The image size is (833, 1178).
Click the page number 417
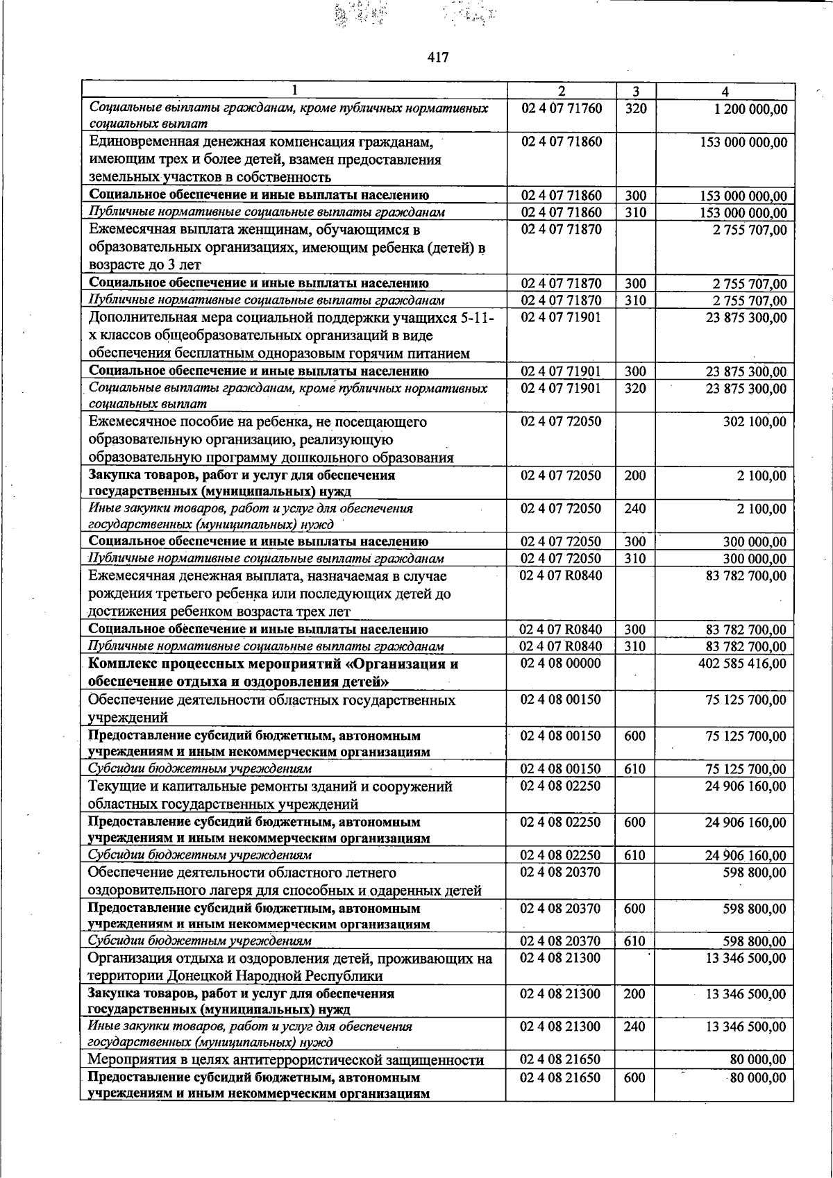tap(438, 57)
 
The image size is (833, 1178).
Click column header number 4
tap(725, 91)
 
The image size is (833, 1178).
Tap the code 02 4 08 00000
tap(560, 664)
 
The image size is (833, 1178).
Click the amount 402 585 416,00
tap(742, 664)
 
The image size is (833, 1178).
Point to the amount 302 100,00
tap(755, 422)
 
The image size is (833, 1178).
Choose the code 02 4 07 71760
tap(560, 109)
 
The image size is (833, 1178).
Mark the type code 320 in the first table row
tap(634, 109)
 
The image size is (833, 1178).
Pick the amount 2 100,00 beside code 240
tap(762, 510)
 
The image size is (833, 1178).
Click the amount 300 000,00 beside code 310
tap(755, 559)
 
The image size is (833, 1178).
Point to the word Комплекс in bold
tap(118, 664)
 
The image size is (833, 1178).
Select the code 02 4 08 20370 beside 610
tap(560, 941)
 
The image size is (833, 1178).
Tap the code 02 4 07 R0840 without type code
tap(560, 575)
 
